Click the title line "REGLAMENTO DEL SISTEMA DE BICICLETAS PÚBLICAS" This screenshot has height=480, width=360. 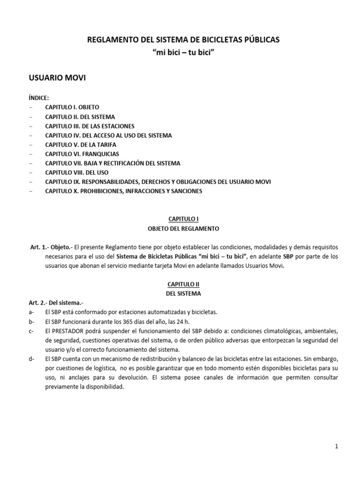click(184, 40)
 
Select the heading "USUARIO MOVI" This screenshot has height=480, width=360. click(57, 78)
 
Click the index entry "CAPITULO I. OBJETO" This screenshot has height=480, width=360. click(72, 107)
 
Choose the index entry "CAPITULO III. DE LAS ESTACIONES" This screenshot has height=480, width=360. click(90, 126)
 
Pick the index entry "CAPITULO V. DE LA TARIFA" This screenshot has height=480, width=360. click(81, 144)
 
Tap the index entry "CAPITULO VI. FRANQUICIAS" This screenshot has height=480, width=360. click(82, 153)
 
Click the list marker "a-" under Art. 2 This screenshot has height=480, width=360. click(31, 312)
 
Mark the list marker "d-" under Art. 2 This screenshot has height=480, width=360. click(31, 359)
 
